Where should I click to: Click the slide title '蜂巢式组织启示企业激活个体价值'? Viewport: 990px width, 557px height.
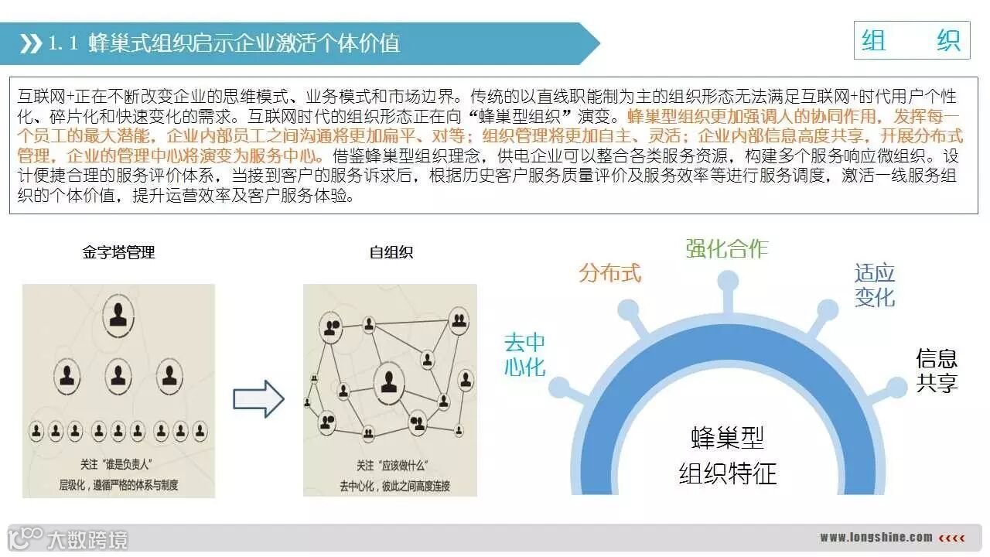click(244, 43)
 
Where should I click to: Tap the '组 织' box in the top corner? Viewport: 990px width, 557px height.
click(911, 40)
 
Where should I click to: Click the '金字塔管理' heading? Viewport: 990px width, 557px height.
click(118, 252)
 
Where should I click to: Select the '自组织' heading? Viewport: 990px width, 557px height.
click(391, 252)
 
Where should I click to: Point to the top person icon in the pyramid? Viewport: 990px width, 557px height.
click(118, 314)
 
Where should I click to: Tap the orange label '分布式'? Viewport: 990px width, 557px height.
click(610, 273)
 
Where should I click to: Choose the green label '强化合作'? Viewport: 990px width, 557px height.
click(727, 248)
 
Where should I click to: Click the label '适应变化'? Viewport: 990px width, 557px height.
click(875, 285)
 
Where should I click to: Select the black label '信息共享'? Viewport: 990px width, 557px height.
click(937, 371)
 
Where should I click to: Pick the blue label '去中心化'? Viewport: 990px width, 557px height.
click(525, 354)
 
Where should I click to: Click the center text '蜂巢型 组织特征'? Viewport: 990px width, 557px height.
click(727, 456)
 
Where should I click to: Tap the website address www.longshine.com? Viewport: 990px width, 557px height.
click(876, 537)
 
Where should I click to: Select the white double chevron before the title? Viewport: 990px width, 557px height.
click(30, 44)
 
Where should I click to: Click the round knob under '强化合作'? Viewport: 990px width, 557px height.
click(727, 280)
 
